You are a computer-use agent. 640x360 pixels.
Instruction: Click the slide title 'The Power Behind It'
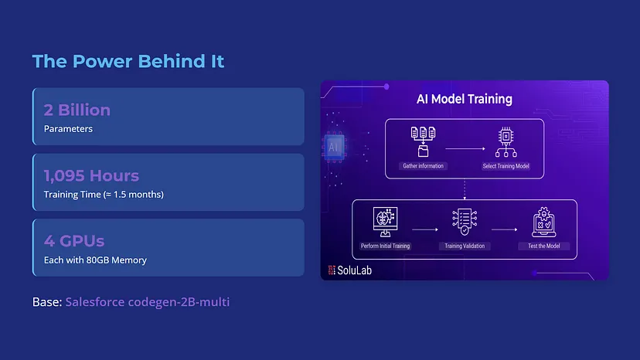[128, 61]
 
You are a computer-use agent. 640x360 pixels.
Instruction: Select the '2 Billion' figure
[77, 110]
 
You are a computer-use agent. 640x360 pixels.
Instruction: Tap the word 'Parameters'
[68, 128]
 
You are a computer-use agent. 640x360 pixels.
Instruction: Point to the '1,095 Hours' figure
[91, 175]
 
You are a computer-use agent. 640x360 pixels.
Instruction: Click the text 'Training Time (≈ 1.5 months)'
[104, 194]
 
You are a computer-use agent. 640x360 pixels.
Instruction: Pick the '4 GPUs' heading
[74, 241]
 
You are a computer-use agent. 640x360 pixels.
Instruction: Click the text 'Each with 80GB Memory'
[95, 260]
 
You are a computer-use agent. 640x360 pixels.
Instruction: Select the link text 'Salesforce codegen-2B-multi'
[148, 301]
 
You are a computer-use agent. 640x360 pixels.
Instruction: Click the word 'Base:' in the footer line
[47, 301]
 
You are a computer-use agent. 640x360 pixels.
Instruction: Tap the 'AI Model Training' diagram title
[465, 99]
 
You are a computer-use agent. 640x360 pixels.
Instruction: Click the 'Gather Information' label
[423, 166]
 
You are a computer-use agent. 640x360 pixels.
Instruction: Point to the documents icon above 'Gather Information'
[423, 141]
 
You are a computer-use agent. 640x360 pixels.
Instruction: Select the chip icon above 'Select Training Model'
[506, 141]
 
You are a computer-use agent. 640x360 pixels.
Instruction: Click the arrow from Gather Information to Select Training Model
[465, 148]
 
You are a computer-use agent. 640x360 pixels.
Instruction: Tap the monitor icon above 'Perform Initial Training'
[385, 222]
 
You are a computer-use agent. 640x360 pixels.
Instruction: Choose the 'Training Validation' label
[465, 246]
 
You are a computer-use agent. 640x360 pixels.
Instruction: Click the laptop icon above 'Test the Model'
[543, 222]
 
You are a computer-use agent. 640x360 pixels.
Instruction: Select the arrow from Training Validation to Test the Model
[505, 229]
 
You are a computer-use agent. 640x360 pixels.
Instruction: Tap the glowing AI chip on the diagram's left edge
[334, 147]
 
